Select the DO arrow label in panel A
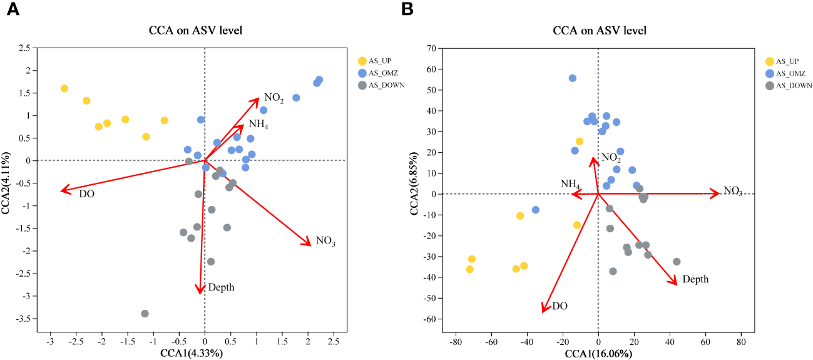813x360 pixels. point(87,194)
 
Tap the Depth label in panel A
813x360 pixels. point(221,287)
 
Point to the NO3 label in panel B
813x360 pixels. point(733,190)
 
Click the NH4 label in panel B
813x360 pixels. point(570,184)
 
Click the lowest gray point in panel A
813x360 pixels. point(145,314)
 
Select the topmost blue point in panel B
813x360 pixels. point(572,78)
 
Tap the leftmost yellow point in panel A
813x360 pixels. point(64,88)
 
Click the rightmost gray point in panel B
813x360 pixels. point(677,262)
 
